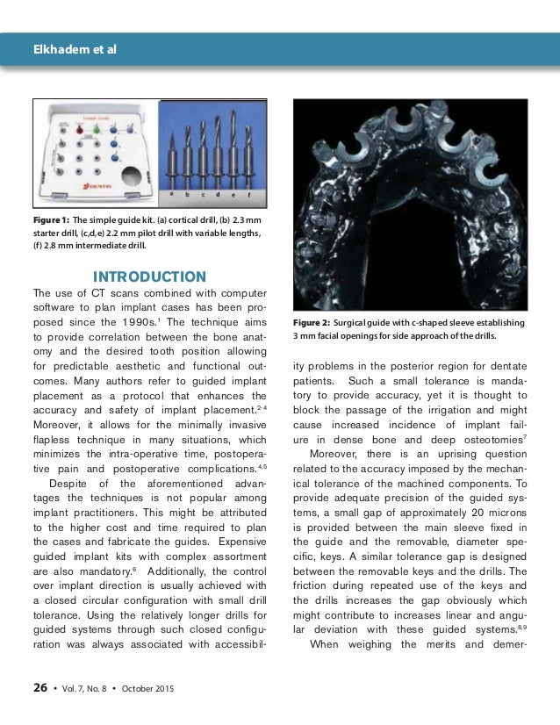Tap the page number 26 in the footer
coord(40,689)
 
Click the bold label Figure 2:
coord(311,323)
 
